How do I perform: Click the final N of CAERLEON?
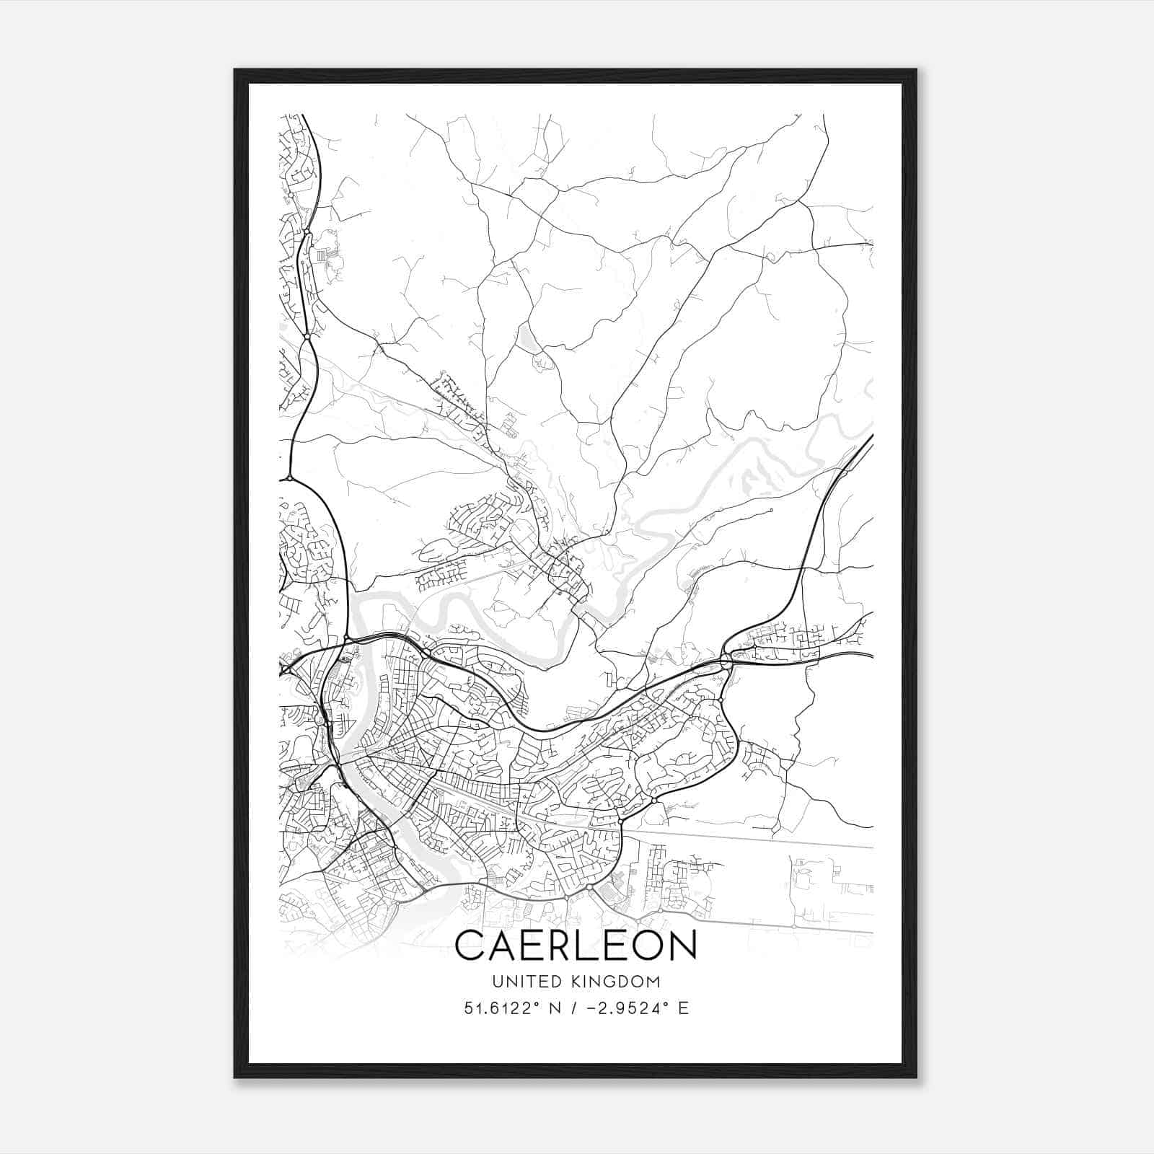click(x=682, y=945)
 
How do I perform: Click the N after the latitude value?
click(x=555, y=1008)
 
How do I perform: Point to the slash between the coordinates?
click(x=574, y=1008)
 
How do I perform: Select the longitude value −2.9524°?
click(x=627, y=1008)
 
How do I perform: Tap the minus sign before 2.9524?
click(x=593, y=1008)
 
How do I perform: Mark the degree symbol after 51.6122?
click(x=538, y=1003)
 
